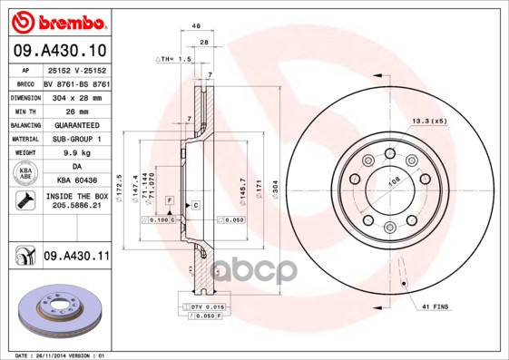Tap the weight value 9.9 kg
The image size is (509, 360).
[x=76, y=153]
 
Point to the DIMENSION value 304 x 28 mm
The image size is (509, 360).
[x=76, y=97]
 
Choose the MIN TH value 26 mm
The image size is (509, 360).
[x=76, y=111]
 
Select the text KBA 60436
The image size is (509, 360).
[x=76, y=180]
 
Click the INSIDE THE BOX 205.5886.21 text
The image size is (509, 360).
[x=76, y=201]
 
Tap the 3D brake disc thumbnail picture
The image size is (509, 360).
[x=58, y=309]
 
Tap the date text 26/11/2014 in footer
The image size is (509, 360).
[x=50, y=355]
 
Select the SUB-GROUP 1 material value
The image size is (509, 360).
[x=76, y=139]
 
